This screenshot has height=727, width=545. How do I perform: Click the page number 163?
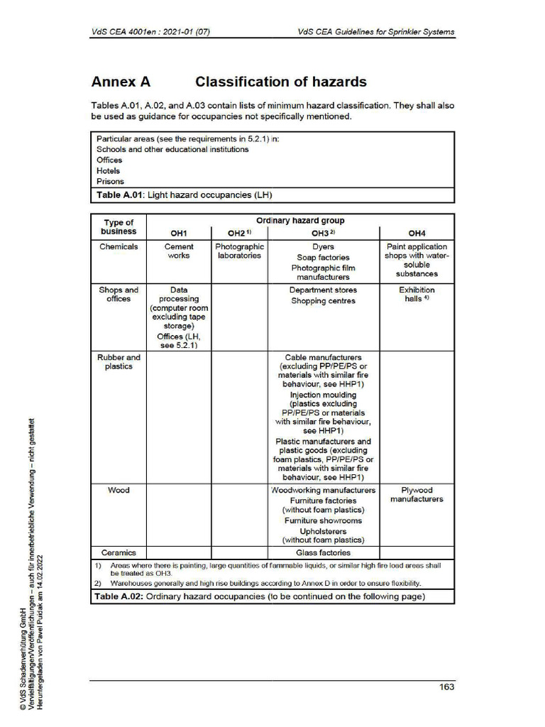point(446,687)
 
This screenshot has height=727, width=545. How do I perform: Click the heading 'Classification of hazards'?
point(280,82)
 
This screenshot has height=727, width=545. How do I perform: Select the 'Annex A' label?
point(121,82)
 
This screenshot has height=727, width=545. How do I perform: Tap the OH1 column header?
point(178,233)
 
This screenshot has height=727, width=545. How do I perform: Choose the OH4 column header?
point(417,233)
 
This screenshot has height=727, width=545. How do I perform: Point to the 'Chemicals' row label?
point(119,247)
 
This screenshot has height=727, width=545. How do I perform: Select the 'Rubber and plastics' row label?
point(119,362)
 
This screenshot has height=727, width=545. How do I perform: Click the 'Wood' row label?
point(119,490)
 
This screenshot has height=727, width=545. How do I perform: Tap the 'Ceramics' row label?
point(119,552)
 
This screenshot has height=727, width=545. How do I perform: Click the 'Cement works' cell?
point(178,251)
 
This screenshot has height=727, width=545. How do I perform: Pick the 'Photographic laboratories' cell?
point(239,251)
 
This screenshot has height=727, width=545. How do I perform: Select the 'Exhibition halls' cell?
point(417,295)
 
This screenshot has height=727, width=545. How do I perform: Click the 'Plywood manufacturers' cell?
point(417,495)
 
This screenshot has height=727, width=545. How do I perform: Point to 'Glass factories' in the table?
point(323,552)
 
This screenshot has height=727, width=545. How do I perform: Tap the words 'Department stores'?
point(323,290)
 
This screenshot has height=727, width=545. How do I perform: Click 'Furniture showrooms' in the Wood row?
point(323,520)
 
